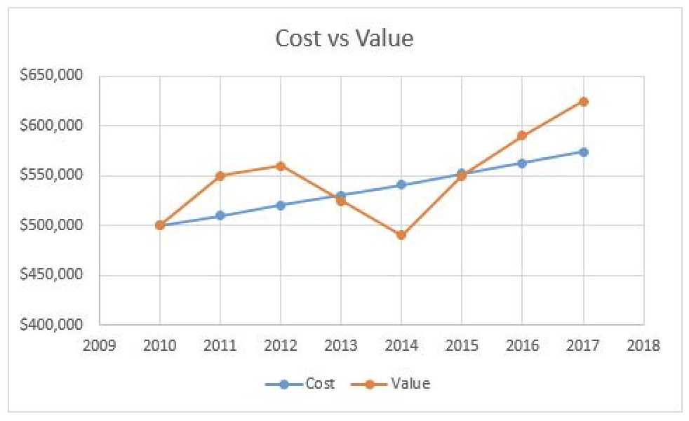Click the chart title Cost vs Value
point(344,38)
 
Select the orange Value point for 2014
point(401,235)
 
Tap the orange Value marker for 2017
point(583,101)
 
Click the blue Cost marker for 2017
point(583,152)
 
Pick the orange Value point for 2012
point(281,166)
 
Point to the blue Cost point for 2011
point(220,215)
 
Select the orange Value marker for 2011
point(220,175)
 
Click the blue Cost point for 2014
point(401,185)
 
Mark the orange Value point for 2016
point(522,135)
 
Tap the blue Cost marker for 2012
point(281,205)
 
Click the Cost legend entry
point(302,383)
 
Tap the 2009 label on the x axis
point(100,345)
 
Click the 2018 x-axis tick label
point(643,345)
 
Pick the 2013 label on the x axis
point(341,345)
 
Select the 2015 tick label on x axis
point(462,345)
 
